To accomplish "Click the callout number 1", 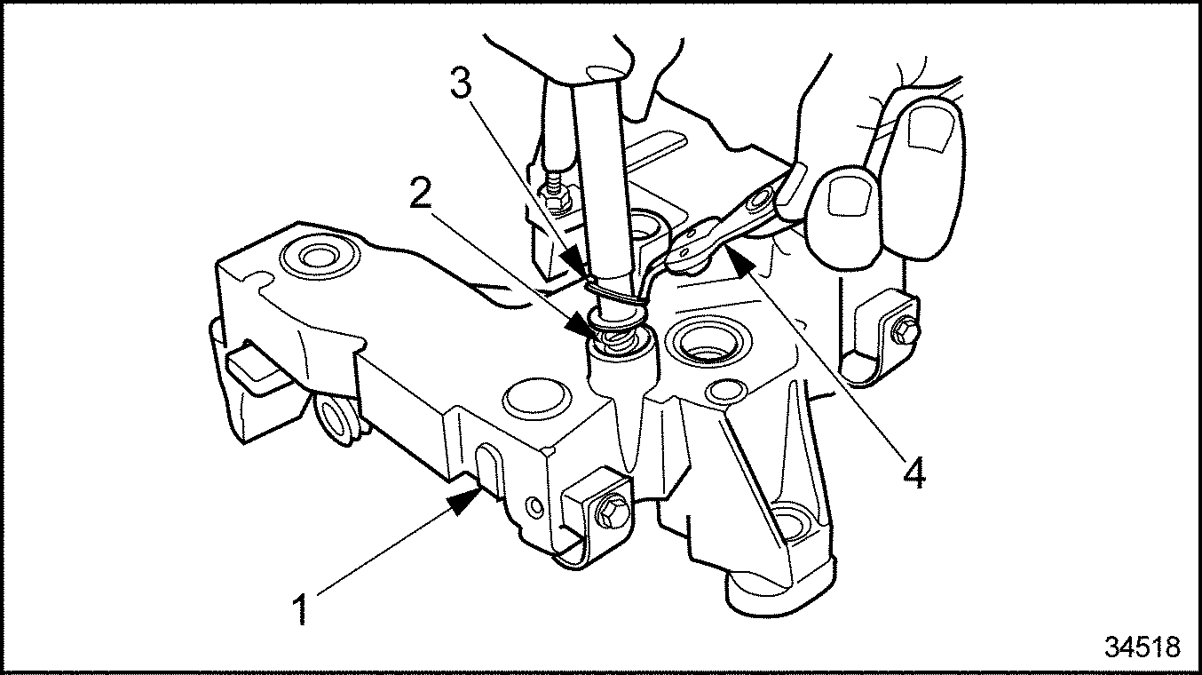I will (x=302, y=610).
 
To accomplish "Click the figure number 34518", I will (x=1143, y=647).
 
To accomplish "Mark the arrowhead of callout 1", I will (x=468, y=502).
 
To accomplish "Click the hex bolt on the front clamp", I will (x=608, y=512).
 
